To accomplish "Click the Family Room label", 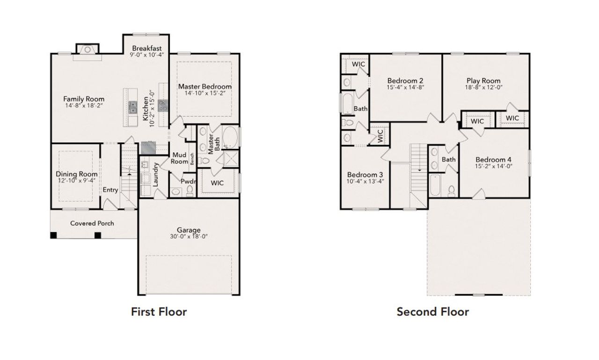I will [84, 99].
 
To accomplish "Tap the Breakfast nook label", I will [146, 48].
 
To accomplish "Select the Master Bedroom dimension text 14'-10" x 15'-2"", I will [205, 94].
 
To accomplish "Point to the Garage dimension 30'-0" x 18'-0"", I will [189, 236].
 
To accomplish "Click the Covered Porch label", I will [92, 223].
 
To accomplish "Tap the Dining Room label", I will [77, 174].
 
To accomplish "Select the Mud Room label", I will [180, 158].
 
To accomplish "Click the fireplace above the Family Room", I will [87, 49].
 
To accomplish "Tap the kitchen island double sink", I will [132, 107].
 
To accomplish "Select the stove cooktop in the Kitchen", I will [163, 105].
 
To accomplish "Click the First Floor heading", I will [159, 312].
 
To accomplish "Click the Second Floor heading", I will [432, 312].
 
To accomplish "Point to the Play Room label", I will [483, 81].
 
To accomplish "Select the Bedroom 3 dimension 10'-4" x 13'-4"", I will [365, 181].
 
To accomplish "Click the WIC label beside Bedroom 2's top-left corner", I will [358, 64].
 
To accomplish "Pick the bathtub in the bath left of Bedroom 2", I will [347, 103].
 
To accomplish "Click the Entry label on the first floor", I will [110, 190].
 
